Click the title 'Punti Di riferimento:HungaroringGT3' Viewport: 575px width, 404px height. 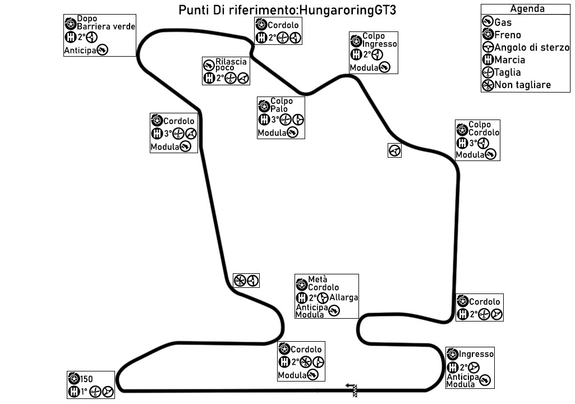pos(291,11)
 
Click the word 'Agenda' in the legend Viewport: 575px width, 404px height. pos(527,9)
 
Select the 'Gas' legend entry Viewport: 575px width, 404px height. pos(503,22)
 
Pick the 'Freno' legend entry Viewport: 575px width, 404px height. pos(508,35)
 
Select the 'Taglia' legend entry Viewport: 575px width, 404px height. pos(508,72)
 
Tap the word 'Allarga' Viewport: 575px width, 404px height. pos(344,297)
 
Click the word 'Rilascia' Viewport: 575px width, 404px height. pos(231,61)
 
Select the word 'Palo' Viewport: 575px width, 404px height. pos(279,108)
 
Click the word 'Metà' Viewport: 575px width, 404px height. pos(318,279)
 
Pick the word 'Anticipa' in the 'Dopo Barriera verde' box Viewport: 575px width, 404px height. pos(80,50)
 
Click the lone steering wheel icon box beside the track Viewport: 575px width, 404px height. pos(394,150)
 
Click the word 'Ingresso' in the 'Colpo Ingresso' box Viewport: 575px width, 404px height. pos(380,44)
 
